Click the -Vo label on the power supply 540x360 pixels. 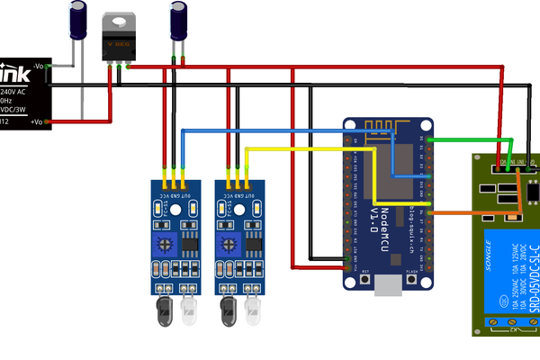38,67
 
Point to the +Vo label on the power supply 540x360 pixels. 38,121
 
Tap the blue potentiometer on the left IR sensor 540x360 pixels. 167,241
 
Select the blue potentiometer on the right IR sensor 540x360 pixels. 230,241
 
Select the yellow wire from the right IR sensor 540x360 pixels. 306,149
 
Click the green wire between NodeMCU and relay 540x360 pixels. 468,139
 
